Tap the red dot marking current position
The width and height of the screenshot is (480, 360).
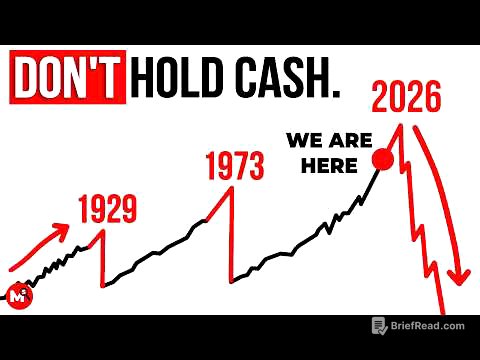pyautogui.click(x=382, y=158)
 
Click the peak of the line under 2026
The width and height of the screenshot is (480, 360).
pyautogui.click(x=401, y=125)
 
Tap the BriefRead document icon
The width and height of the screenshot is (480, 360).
pyautogui.click(x=379, y=325)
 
